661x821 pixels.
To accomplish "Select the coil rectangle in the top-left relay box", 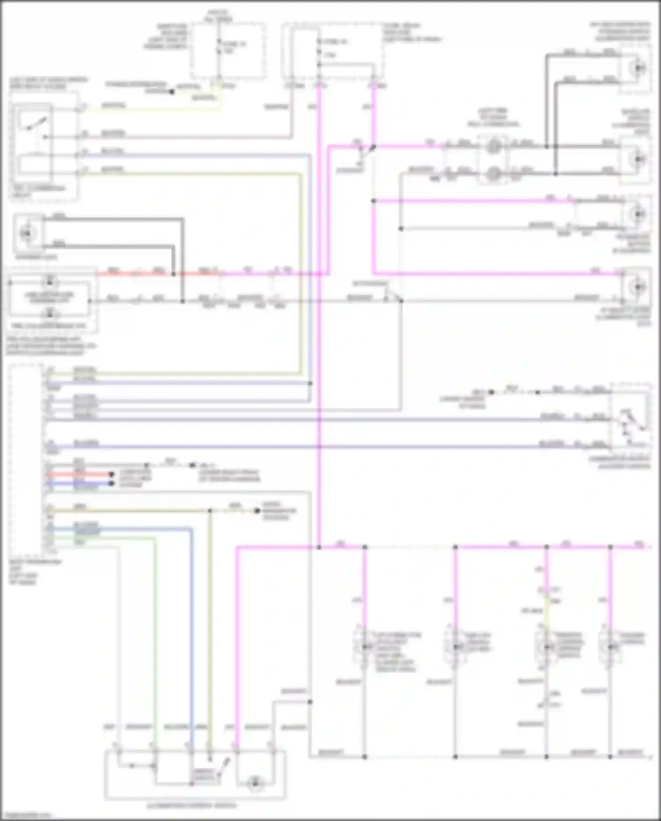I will point(35,164).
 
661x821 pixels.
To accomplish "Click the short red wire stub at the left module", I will point(79,475).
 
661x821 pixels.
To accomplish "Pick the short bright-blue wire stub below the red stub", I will point(79,484).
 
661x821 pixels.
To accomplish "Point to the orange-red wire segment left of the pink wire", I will point(132,274).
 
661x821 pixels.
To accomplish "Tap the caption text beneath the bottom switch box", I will point(192,805).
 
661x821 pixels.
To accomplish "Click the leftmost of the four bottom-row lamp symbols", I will point(364,647).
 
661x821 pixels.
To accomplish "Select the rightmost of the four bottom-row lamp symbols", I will point(610,647).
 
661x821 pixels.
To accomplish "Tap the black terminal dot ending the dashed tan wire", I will point(257,511).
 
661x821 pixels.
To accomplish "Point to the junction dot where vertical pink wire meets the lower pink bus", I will point(319,547).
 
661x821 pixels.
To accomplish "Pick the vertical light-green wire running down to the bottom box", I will point(155,640).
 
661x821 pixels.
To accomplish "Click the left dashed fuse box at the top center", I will point(228,51).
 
